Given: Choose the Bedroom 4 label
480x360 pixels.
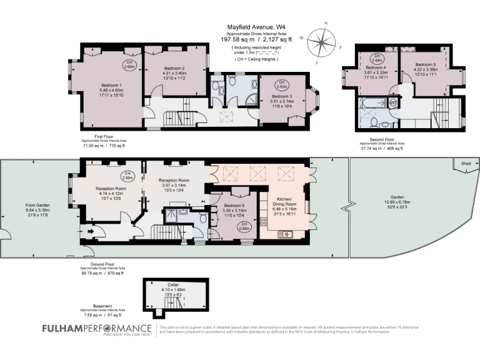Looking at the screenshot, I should click(x=376, y=67).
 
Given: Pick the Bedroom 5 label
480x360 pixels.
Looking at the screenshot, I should click(x=425, y=64).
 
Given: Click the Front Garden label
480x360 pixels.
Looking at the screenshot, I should click(x=37, y=205).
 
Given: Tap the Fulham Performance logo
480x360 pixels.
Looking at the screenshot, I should click(x=96, y=328).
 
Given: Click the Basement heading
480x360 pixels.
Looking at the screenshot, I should click(x=102, y=306).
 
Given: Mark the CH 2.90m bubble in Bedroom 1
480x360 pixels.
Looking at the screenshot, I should click(x=128, y=64).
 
